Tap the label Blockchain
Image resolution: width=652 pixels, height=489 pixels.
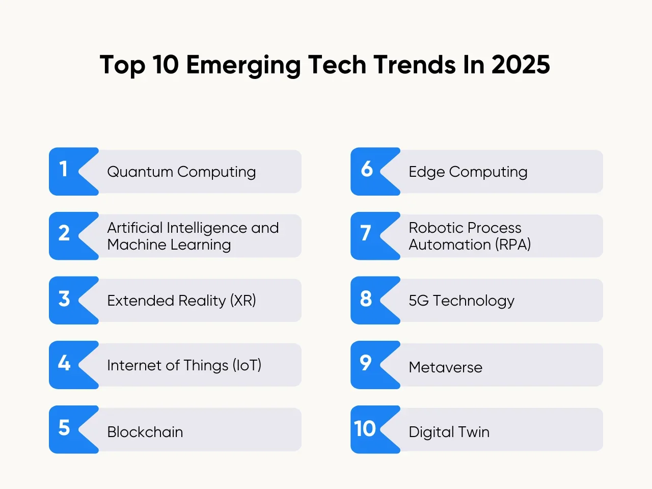[x=145, y=432]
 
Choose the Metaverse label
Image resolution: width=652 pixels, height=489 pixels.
[x=445, y=367]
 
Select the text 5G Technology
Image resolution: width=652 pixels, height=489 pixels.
[x=461, y=301]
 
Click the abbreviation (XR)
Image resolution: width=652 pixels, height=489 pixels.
[x=243, y=301]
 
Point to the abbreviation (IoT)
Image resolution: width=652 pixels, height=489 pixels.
[x=247, y=365]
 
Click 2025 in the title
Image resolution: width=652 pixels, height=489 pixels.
[x=521, y=65]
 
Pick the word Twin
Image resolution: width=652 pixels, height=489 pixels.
[x=474, y=432]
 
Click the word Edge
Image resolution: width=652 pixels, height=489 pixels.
[x=427, y=172]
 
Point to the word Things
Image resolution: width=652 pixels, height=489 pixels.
[x=206, y=366]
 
